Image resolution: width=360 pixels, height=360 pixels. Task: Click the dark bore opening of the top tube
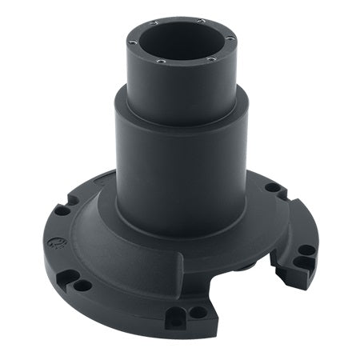pyautogui.click(x=182, y=43)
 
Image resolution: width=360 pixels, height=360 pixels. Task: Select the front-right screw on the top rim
pyautogui.click(x=210, y=60)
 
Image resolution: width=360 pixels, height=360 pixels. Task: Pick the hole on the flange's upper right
pyautogui.click(x=273, y=187)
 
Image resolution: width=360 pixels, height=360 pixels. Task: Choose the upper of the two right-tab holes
pyautogui.click(x=306, y=250)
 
